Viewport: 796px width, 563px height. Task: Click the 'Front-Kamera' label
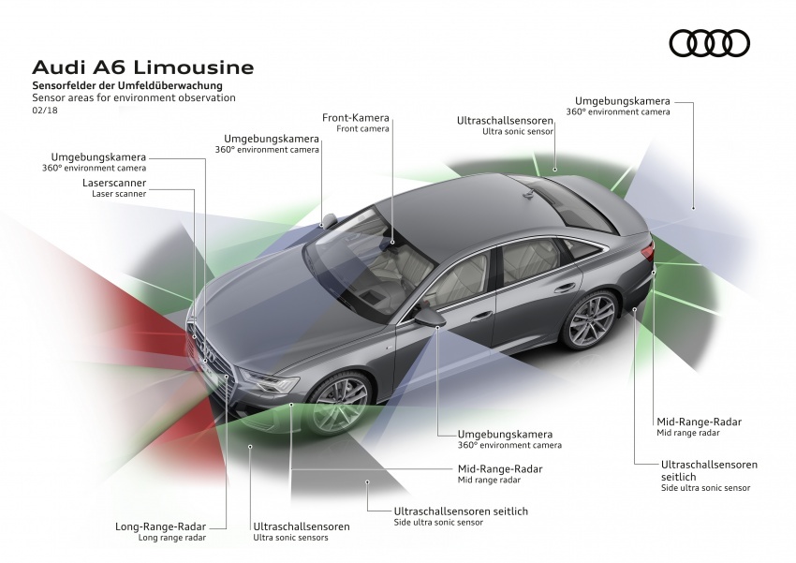(355, 118)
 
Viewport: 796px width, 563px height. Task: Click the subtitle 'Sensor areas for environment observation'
(133, 97)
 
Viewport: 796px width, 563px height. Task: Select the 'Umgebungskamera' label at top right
(622, 100)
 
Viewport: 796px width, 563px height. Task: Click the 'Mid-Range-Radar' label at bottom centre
(500, 468)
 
